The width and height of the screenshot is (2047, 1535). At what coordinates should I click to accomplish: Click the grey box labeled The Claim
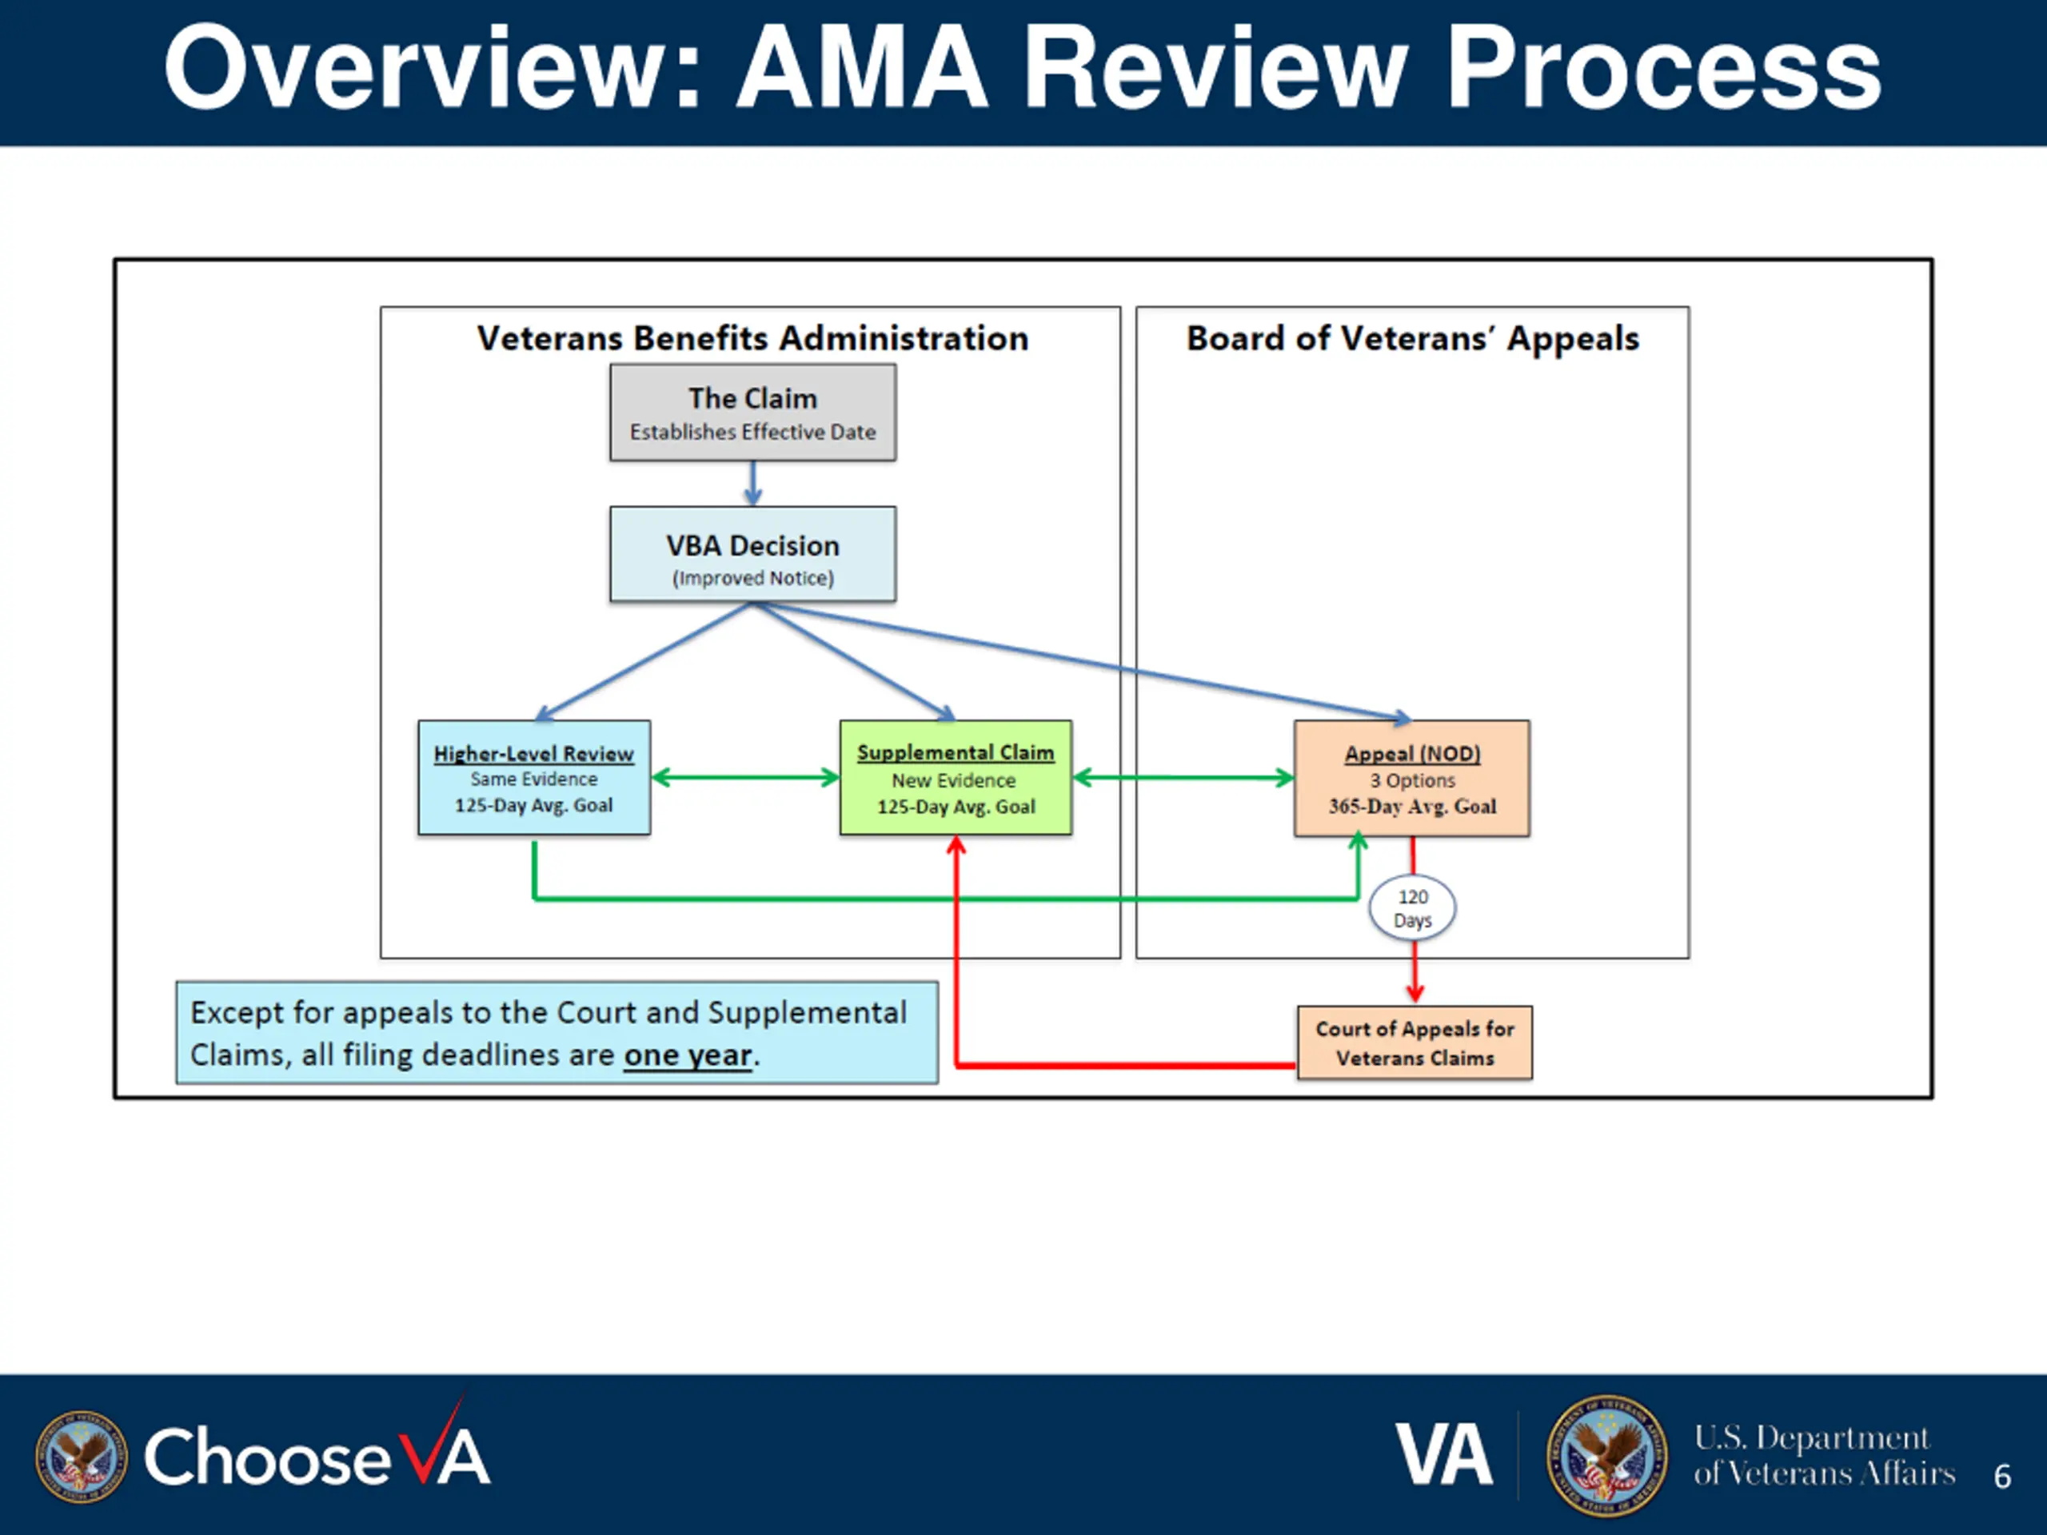click(x=752, y=412)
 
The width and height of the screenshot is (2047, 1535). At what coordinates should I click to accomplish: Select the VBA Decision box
click(x=752, y=554)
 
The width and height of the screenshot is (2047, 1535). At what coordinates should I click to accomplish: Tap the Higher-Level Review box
click(x=534, y=777)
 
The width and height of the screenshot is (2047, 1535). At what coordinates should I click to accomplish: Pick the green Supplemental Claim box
click(x=956, y=777)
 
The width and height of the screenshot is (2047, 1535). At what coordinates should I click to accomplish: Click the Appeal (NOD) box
click(x=1412, y=778)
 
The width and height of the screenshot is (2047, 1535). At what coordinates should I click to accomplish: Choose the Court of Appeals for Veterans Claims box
click(x=1415, y=1043)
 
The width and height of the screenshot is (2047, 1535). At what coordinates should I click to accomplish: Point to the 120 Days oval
click(x=1412, y=907)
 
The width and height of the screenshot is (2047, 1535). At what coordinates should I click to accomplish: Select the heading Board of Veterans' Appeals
click(x=1413, y=339)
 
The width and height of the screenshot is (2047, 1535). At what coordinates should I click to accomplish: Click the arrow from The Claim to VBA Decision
click(x=753, y=483)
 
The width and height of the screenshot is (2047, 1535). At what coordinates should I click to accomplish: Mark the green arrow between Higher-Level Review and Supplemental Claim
click(x=746, y=777)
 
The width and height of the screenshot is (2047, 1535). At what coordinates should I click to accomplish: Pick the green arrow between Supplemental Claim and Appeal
click(x=1183, y=777)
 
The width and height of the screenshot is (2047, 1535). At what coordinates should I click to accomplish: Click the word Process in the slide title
click(x=1663, y=70)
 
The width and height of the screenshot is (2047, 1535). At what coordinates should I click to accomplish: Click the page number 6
click(x=2002, y=1476)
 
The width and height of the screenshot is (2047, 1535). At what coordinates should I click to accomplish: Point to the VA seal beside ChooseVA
click(x=82, y=1457)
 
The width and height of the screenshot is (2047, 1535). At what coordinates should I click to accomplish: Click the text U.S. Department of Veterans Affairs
click(x=1825, y=1455)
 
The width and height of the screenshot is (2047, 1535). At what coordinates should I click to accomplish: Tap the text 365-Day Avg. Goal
click(x=1412, y=806)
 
